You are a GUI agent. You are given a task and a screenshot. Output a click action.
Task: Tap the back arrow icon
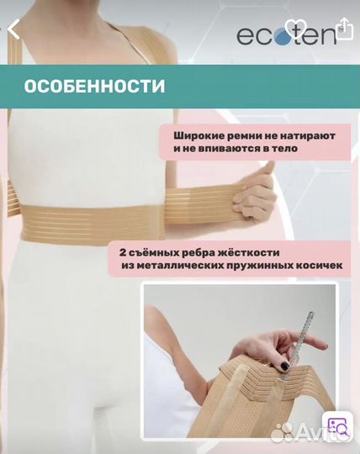click(13, 30)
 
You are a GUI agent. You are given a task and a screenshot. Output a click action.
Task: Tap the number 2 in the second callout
click(122, 252)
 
